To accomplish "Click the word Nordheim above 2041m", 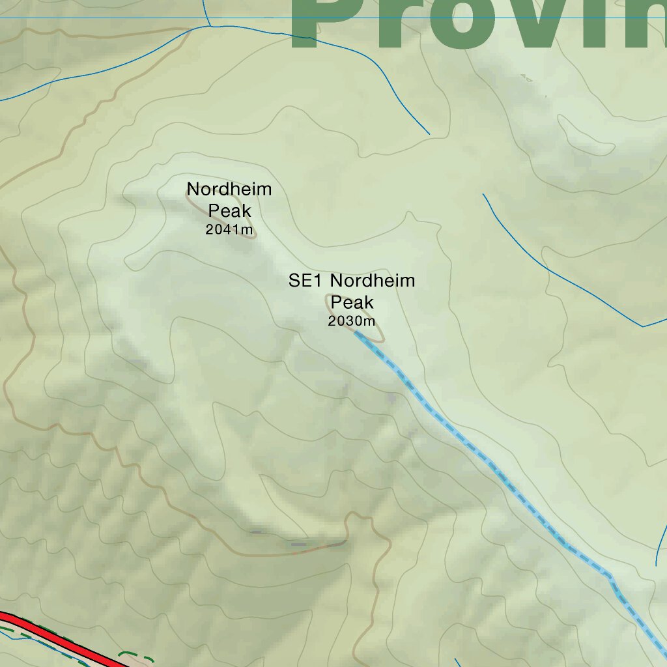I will [229, 190].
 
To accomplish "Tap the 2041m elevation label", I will [229, 229].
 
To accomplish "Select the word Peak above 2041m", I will [229, 210].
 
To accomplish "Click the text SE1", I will [307, 281].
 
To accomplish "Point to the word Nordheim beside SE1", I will [372, 281].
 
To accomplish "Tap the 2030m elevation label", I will [352, 321].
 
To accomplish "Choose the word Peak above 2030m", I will [352, 302].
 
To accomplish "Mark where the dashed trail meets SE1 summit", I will [356, 333].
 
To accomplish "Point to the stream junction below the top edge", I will [209, 25].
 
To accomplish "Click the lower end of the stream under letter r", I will [429, 134].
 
